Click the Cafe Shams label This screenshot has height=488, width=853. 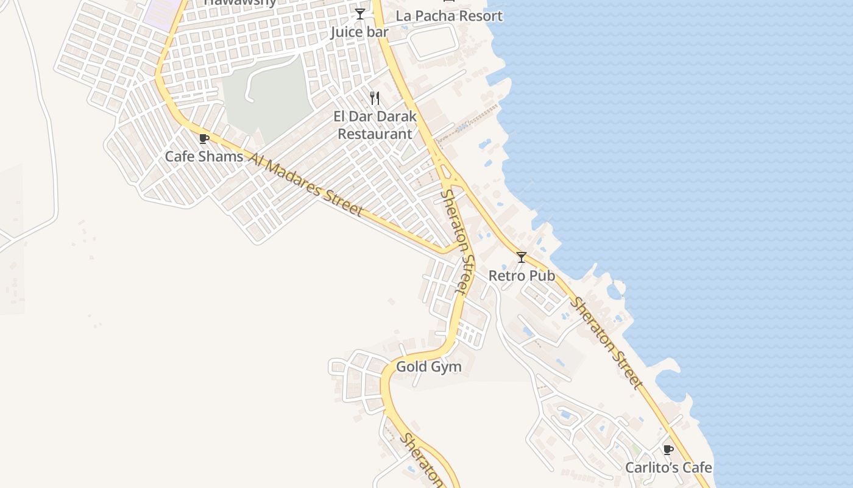[204, 156]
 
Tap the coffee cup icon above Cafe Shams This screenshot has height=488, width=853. [204, 138]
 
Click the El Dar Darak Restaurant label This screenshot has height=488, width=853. [375, 124]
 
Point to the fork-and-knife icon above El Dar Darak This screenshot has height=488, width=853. [375, 98]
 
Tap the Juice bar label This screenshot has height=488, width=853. [359, 32]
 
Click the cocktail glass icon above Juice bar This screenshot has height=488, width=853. [360, 14]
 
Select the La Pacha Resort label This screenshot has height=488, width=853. [449, 16]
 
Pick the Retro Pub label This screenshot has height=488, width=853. [522, 276]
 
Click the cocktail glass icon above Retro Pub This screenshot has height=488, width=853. [522, 257]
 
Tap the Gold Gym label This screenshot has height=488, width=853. [429, 367]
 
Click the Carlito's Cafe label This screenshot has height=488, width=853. [668, 468]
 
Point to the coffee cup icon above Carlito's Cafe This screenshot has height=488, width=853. [668, 450]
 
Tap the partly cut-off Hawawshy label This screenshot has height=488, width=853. [240, 2]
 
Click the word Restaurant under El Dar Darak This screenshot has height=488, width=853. [375, 134]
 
